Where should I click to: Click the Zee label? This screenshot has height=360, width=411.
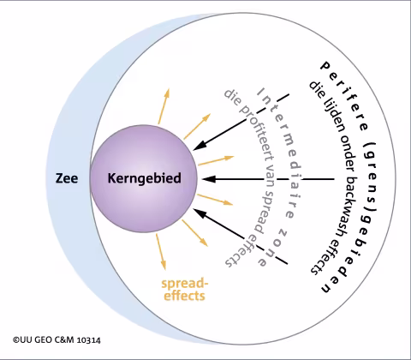point(67,178)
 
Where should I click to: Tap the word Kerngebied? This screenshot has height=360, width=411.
point(145,178)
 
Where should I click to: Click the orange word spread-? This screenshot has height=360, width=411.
point(185,284)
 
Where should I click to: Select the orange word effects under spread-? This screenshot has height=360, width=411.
point(184,296)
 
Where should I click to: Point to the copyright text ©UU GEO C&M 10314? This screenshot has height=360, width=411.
point(57,340)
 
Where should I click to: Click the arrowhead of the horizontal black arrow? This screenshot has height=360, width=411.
point(208,179)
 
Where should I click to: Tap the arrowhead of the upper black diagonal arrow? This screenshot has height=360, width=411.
point(200,146)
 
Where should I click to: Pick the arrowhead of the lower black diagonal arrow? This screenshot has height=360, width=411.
point(200,213)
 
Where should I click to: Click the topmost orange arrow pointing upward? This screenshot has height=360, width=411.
point(164,106)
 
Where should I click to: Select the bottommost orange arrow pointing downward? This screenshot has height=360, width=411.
point(161,252)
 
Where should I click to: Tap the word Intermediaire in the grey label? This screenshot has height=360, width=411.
point(283,153)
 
